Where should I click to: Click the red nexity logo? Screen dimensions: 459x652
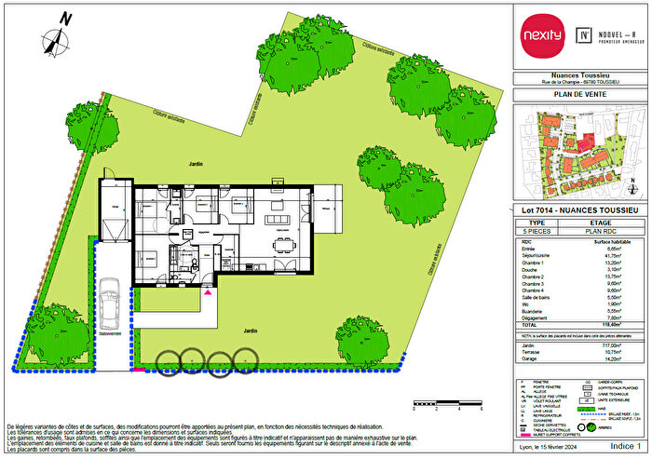[547, 36]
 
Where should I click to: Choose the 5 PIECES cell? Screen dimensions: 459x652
[537, 231]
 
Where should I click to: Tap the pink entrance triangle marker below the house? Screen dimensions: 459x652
[208, 292]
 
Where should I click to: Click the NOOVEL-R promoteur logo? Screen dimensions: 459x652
[610, 36]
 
